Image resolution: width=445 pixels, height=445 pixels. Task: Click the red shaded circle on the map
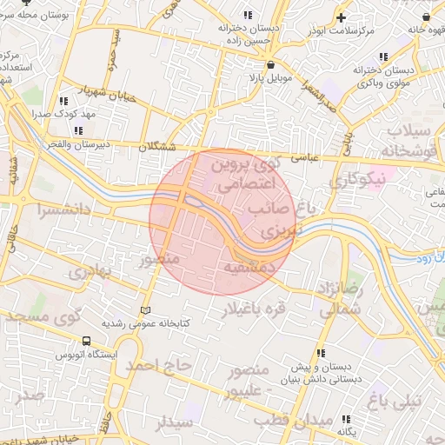tap(220, 222)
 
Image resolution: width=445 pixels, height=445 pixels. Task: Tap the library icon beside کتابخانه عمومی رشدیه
tap(146, 310)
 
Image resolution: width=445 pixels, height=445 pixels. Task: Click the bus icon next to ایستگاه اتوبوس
tap(85, 342)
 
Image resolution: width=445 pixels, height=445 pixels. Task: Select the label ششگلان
tap(156, 148)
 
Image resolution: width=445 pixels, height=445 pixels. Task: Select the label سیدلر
tap(172, 423)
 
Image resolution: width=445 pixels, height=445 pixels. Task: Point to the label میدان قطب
tap(320, 422)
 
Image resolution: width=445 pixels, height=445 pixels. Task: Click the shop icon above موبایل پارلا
tap(271, 64)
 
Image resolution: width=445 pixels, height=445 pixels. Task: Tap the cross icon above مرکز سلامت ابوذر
tap(342, 17)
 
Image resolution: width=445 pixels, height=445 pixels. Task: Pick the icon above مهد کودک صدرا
tap(62, 100)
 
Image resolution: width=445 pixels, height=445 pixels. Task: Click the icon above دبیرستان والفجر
tap(79, 130)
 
